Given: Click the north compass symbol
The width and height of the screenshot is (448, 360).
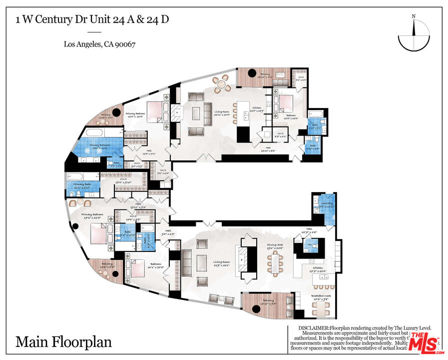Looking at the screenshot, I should click(x=414, y=35).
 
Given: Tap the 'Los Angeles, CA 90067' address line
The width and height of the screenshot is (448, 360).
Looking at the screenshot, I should click(x=100, y=44).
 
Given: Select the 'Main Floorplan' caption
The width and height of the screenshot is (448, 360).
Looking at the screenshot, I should click(x=63, y=342).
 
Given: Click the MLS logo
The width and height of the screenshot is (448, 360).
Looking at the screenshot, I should click(x=424, y=342).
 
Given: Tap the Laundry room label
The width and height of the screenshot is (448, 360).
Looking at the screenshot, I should click(x=327, y=204).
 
